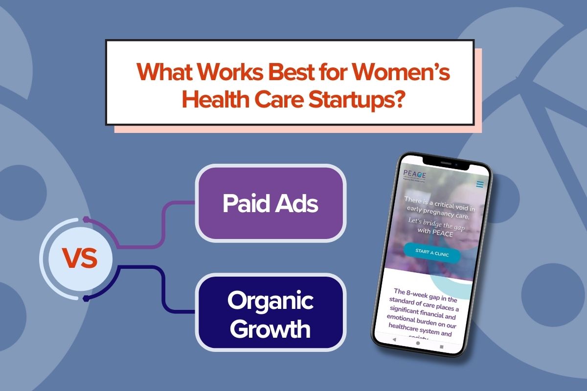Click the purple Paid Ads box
click(x=271, y=203)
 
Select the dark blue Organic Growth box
click(x=271, y=315)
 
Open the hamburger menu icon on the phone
click(x=480, y=184)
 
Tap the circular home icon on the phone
click(x=418, y=343)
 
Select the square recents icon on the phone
click(x=441, y=347)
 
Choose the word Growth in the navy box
click(x=271, y=328)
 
